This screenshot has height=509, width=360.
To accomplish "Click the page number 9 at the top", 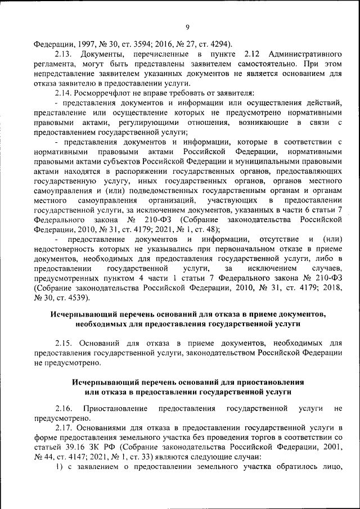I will (187, 26).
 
